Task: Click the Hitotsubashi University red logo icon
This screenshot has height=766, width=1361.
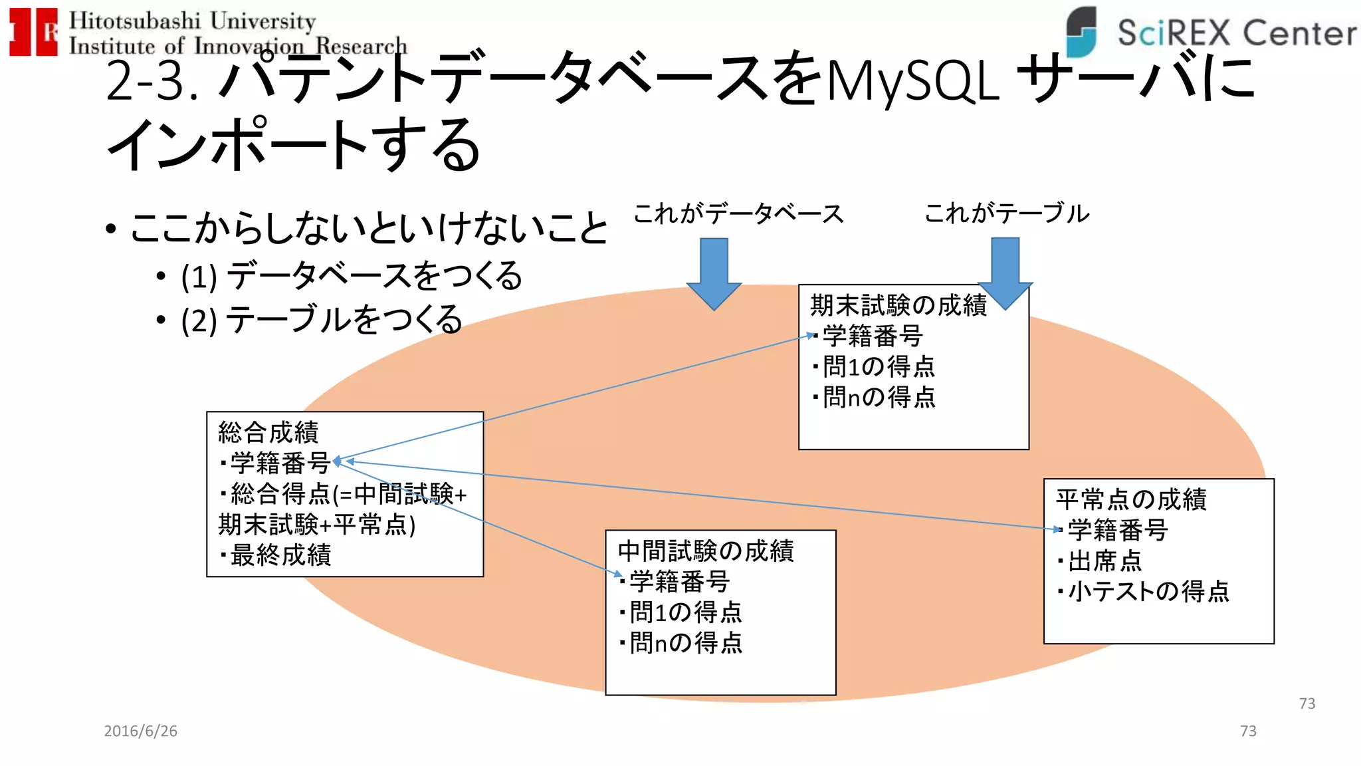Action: (33, 32)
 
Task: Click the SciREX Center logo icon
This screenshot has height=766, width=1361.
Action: (1081, 31)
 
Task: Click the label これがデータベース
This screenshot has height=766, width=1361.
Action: (738, 214)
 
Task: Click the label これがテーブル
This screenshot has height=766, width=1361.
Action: (1006, 213)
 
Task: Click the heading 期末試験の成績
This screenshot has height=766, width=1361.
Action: (898, 305)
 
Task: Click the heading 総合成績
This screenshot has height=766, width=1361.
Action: (268, 432)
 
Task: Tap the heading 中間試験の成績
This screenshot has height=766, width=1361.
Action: (705, 551)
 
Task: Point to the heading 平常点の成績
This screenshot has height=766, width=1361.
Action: (1130, 499)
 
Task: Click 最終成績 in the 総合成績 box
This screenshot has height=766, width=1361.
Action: (280, 555)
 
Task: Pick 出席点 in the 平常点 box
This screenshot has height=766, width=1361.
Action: (1104, 561)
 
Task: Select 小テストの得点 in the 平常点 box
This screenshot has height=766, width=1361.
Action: (1148, 591)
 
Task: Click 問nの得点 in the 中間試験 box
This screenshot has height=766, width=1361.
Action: (686, 643)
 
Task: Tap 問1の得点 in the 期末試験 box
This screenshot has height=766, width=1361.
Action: (879, 366)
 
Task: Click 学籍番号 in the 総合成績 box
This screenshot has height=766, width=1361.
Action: (280, 463)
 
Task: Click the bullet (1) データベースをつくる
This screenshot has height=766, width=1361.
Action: (351, 276)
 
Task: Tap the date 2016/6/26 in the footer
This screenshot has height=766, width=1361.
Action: (140, 731)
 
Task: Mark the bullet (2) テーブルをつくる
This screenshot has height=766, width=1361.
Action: (321, 320)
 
